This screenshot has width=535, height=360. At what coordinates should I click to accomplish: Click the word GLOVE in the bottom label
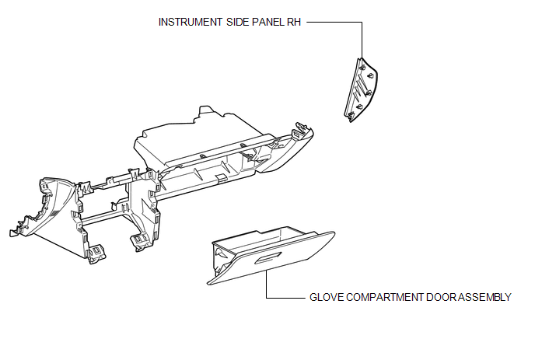(327, 297)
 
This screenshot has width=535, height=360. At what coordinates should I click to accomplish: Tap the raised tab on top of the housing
(205, 112)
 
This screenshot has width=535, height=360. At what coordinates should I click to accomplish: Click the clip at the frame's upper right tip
(299, 128)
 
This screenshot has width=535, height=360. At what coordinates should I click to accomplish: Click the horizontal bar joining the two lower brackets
(105, 216)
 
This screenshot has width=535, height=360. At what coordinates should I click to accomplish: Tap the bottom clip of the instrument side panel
(351, 116)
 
